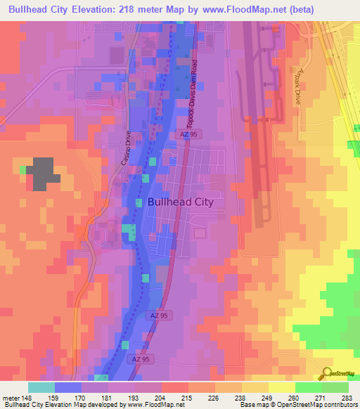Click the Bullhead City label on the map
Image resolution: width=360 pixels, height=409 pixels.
[x=181, y=202]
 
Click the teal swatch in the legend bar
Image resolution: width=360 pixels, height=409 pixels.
[x=41, y=387]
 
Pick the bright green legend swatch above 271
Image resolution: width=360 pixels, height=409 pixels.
[x=308, y=387]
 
